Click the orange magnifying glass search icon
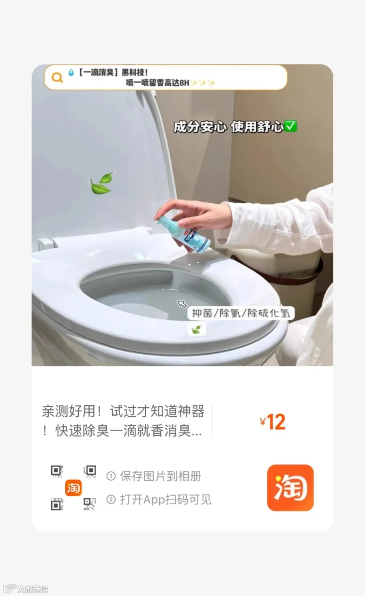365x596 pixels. click(57, 77)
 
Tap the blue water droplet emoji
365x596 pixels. click(71, 72)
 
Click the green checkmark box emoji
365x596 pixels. click(290, 126)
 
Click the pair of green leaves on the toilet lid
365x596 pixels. click(102, 183)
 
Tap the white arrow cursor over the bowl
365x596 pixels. click(182, 303)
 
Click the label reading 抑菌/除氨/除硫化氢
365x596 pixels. click(241, 313)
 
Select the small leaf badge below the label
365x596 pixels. click(197, 329)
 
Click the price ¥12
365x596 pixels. click(273, 422)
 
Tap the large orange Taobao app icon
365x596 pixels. click(290, 488)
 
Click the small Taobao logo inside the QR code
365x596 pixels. click(73, 488)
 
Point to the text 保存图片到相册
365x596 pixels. click(161, 476)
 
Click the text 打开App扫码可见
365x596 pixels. click(165, 499)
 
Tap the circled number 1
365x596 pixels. click(111, 476)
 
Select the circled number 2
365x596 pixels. click(111, 499)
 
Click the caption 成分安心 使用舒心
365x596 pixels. click(229, 127)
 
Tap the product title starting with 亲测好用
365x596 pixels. click(123, 421)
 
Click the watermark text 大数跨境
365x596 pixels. click(33, 589)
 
